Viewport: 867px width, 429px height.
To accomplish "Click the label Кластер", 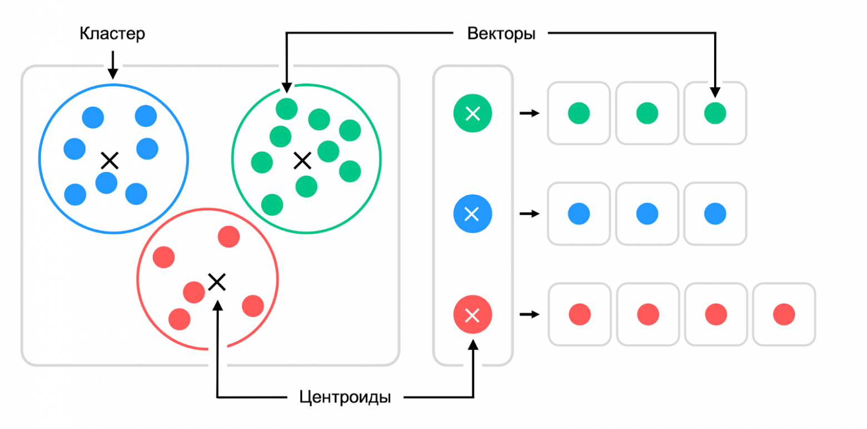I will [x=112, y=34].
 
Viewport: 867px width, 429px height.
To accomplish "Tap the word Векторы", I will [x=501, y=34].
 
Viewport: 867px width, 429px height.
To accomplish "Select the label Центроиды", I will [x=345, y=398].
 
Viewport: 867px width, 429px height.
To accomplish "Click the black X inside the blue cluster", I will [x=110, y=161].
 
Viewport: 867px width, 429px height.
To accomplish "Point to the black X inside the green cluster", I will [x=302, y=161].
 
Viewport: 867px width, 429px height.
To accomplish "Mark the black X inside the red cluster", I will [x=216, y=282].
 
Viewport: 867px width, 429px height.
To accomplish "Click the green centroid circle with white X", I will [x=472, y=114].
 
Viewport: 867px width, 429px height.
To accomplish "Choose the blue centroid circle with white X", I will [x=472, y=214].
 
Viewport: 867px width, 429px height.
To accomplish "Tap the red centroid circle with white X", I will [x=472, y=315].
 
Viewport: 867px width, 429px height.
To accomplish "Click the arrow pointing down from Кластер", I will [x=113, y=65].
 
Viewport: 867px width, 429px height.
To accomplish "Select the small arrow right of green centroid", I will [x=529, y=114].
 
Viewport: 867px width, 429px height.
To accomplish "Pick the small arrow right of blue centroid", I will [x=529, y=214].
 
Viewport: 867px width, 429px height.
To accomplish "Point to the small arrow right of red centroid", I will [x=529, y=315].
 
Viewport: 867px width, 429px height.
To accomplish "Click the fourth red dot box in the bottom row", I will [x=784, y=314].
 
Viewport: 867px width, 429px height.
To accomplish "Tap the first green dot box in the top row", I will [x=579, y=114].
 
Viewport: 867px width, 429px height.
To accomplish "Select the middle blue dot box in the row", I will [x=647, y=214].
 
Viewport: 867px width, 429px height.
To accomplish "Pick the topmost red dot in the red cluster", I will [x=228, y=237].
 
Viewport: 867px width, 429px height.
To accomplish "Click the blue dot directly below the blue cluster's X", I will [x=106, y=183].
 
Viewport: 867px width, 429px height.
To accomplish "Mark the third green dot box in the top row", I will [x=715, y=114].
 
